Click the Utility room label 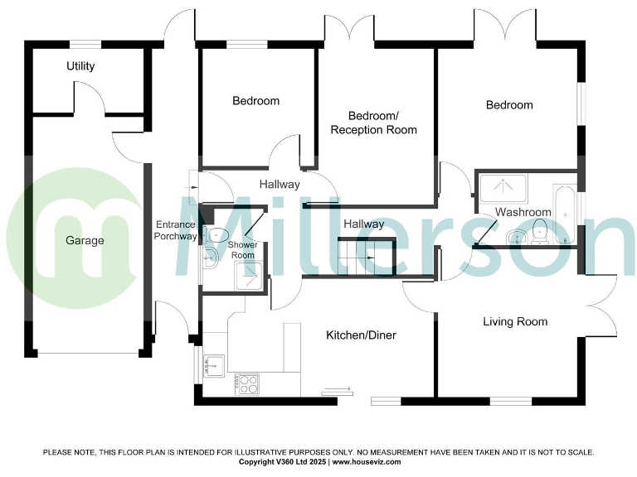tap(80, 66)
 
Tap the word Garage tap(85, 241)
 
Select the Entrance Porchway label tap(176, 230)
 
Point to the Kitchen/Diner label tap(360, 335)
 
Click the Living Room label tap(515, 321)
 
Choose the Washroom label tap(523, 213)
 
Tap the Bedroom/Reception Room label tap(373, 123)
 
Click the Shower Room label tap(243, 250)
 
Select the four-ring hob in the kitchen tap(247, 383)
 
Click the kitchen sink tap(215, 364)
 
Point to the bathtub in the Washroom tap(566, 214)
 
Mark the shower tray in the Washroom tap(503, 189)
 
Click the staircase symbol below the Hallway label tap(365, 258)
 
